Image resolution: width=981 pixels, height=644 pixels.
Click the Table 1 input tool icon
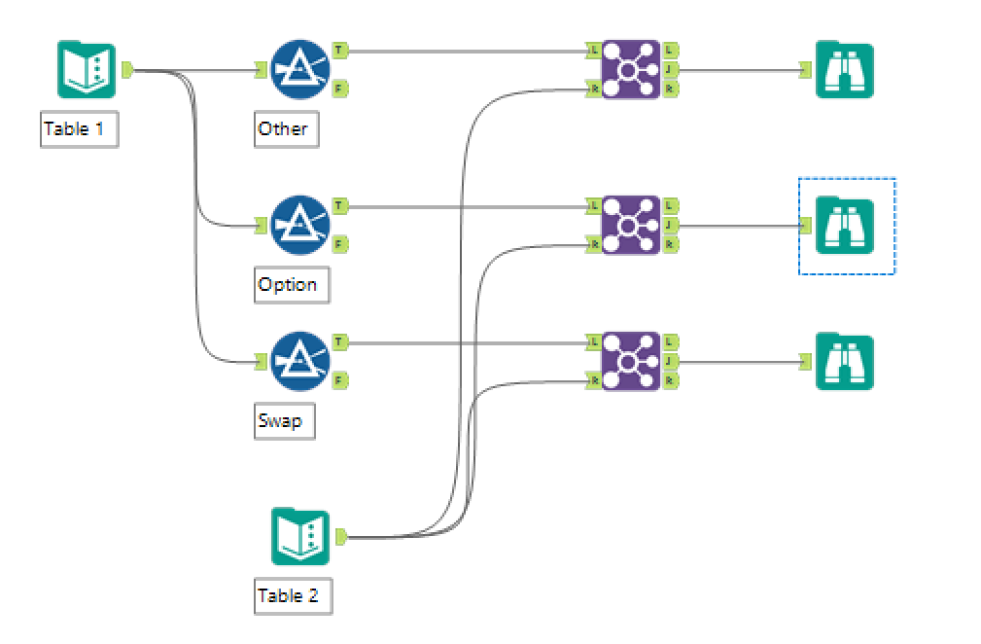(x=87, y=69)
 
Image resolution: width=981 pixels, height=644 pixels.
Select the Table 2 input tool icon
(x=300, y=536)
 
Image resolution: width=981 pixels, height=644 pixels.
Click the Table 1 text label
(x=79, y=128)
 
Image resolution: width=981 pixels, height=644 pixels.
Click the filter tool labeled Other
(x=299, y=69)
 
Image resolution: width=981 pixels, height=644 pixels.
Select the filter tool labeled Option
(x=299, y=225)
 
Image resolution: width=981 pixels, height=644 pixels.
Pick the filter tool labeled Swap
(x=299, y=361)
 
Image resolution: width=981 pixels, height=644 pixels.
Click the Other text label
(x=284, y=128)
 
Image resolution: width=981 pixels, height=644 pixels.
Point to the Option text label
(x=289, y=285)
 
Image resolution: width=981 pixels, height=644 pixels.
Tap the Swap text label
(x=281, y=421)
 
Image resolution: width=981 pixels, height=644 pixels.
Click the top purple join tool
(x=629, y=69)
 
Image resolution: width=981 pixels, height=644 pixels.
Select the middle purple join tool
(x=629, y=225)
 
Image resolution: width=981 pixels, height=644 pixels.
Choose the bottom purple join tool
(x=629, y=361)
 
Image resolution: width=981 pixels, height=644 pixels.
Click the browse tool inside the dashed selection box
(x=845, y=225)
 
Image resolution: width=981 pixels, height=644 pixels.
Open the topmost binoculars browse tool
(x=845, y=69)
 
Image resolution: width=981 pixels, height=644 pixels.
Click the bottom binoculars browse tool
(x=845, y=361)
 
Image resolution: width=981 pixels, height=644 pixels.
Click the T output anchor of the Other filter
(x=339, y=49)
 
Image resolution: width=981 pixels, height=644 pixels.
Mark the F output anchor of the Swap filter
(x=339, y=380)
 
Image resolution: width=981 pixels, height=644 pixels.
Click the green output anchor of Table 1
(x=127, y=69)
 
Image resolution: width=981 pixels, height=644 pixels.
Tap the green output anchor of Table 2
(x=341, y=536)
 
